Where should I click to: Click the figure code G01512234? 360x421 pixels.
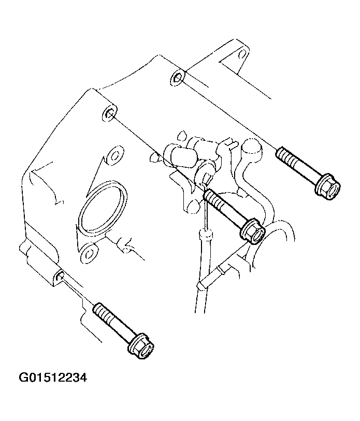[53, 378]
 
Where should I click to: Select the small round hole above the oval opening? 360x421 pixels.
[114, 155]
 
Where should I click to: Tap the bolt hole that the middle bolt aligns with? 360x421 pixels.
[110, 114]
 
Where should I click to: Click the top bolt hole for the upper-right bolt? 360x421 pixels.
[178, 78]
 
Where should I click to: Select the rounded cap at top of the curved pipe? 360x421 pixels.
[251, 149]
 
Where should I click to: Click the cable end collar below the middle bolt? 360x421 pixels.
[206, 235]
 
